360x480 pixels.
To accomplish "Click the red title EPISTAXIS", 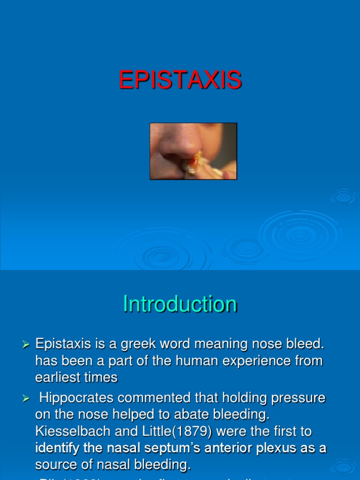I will [180, 80].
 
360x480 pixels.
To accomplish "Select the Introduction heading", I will [180, 304].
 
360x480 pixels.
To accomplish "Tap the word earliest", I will [56, 377].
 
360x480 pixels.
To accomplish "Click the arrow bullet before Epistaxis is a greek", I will [26, 345].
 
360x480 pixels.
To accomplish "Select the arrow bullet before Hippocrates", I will [26, 398].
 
